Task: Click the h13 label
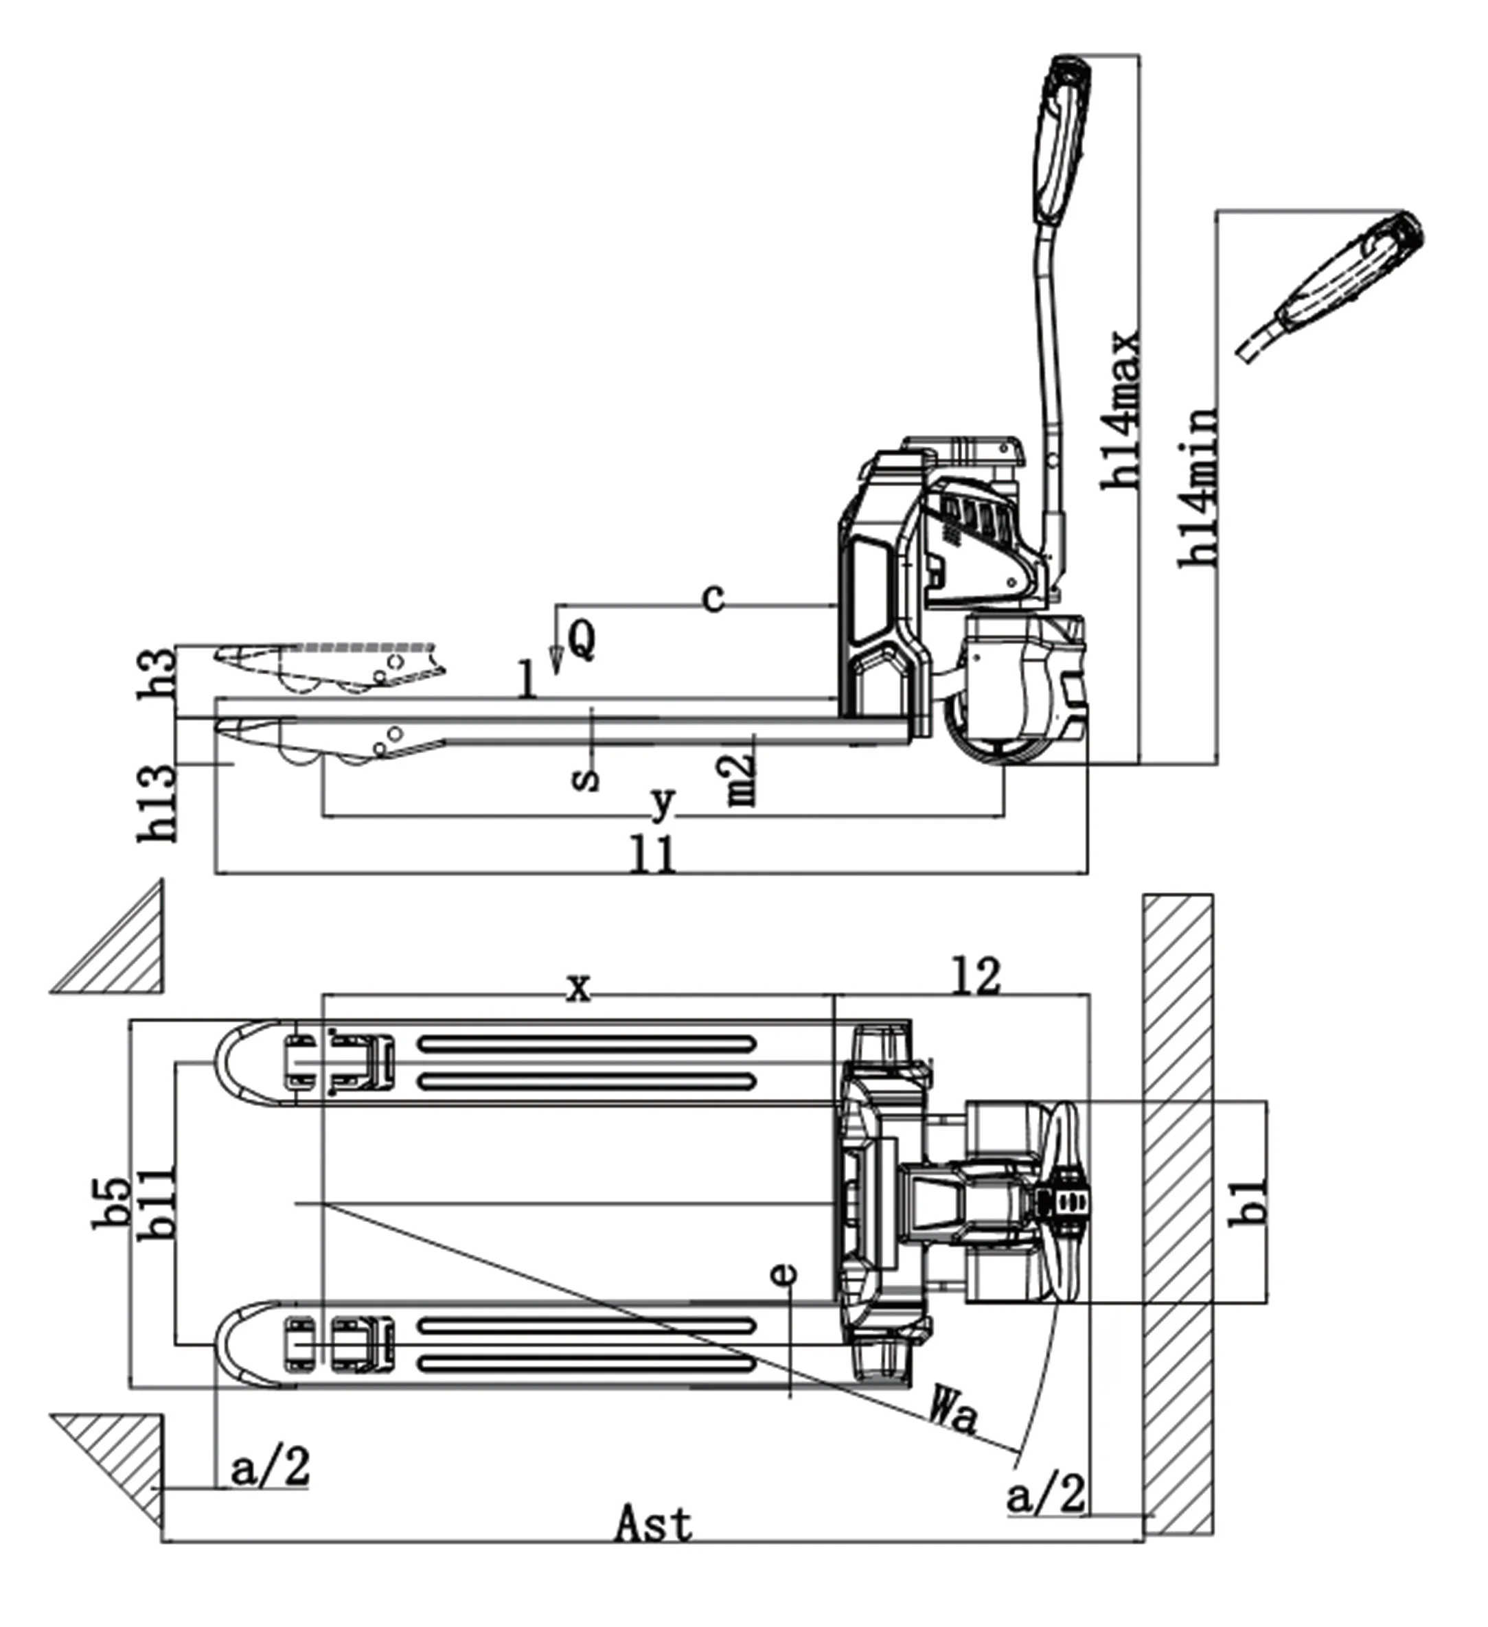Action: [x=157, y=803]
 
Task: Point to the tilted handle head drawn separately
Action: [x=1332, y=286]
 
